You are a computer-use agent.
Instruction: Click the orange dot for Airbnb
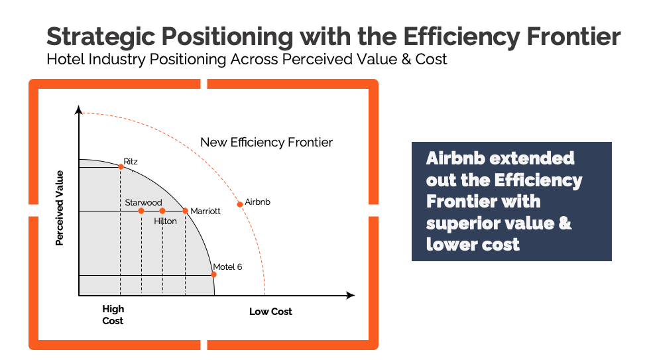(240, 204)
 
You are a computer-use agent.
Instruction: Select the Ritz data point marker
(121, 166)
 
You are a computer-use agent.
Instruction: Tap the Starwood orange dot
(141, 211)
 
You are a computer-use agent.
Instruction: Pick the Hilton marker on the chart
(162, 211)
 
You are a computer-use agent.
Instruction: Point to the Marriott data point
(185, 211)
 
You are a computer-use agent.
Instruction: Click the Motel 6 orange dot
(213, 274)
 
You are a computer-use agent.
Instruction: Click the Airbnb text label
(258, 202)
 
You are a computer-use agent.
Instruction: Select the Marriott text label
(206, 211)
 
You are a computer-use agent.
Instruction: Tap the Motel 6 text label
(227, 267)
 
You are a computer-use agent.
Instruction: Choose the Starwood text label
(143, 202)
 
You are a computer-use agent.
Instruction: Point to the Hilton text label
(165, 221)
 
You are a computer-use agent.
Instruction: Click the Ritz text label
(131, 161)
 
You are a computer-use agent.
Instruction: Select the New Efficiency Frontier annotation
(266, 143)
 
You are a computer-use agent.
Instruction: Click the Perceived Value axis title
(60, 208)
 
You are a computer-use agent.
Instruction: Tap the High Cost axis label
(113, 315)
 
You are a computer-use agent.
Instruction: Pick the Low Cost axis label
(270, 312)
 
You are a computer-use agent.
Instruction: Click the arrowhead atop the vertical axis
(79, 109)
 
